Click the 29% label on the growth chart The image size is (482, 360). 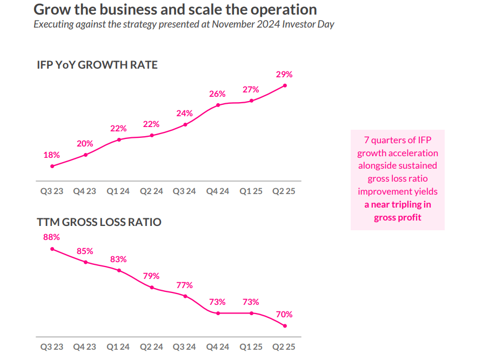[285, 75]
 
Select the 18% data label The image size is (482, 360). [51, 155]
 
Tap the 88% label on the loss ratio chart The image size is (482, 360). [51, 237]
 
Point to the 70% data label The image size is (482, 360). [284, 314]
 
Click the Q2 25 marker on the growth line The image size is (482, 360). [285, 85]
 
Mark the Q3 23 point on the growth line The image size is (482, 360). [52, 166]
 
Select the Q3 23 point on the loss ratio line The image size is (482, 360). [52, 249]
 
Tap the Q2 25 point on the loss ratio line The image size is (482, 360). [285, 326]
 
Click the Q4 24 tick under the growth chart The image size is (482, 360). [218, 191]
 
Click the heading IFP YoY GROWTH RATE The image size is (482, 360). [97, 65]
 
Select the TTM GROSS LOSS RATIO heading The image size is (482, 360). [99, 222]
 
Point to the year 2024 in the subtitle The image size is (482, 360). [262, 24]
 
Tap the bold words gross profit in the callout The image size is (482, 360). [397, 217]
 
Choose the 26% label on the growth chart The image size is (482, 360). [217, 94]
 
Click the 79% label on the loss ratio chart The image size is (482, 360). [151, 276]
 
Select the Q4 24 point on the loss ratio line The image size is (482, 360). [218, 313]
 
